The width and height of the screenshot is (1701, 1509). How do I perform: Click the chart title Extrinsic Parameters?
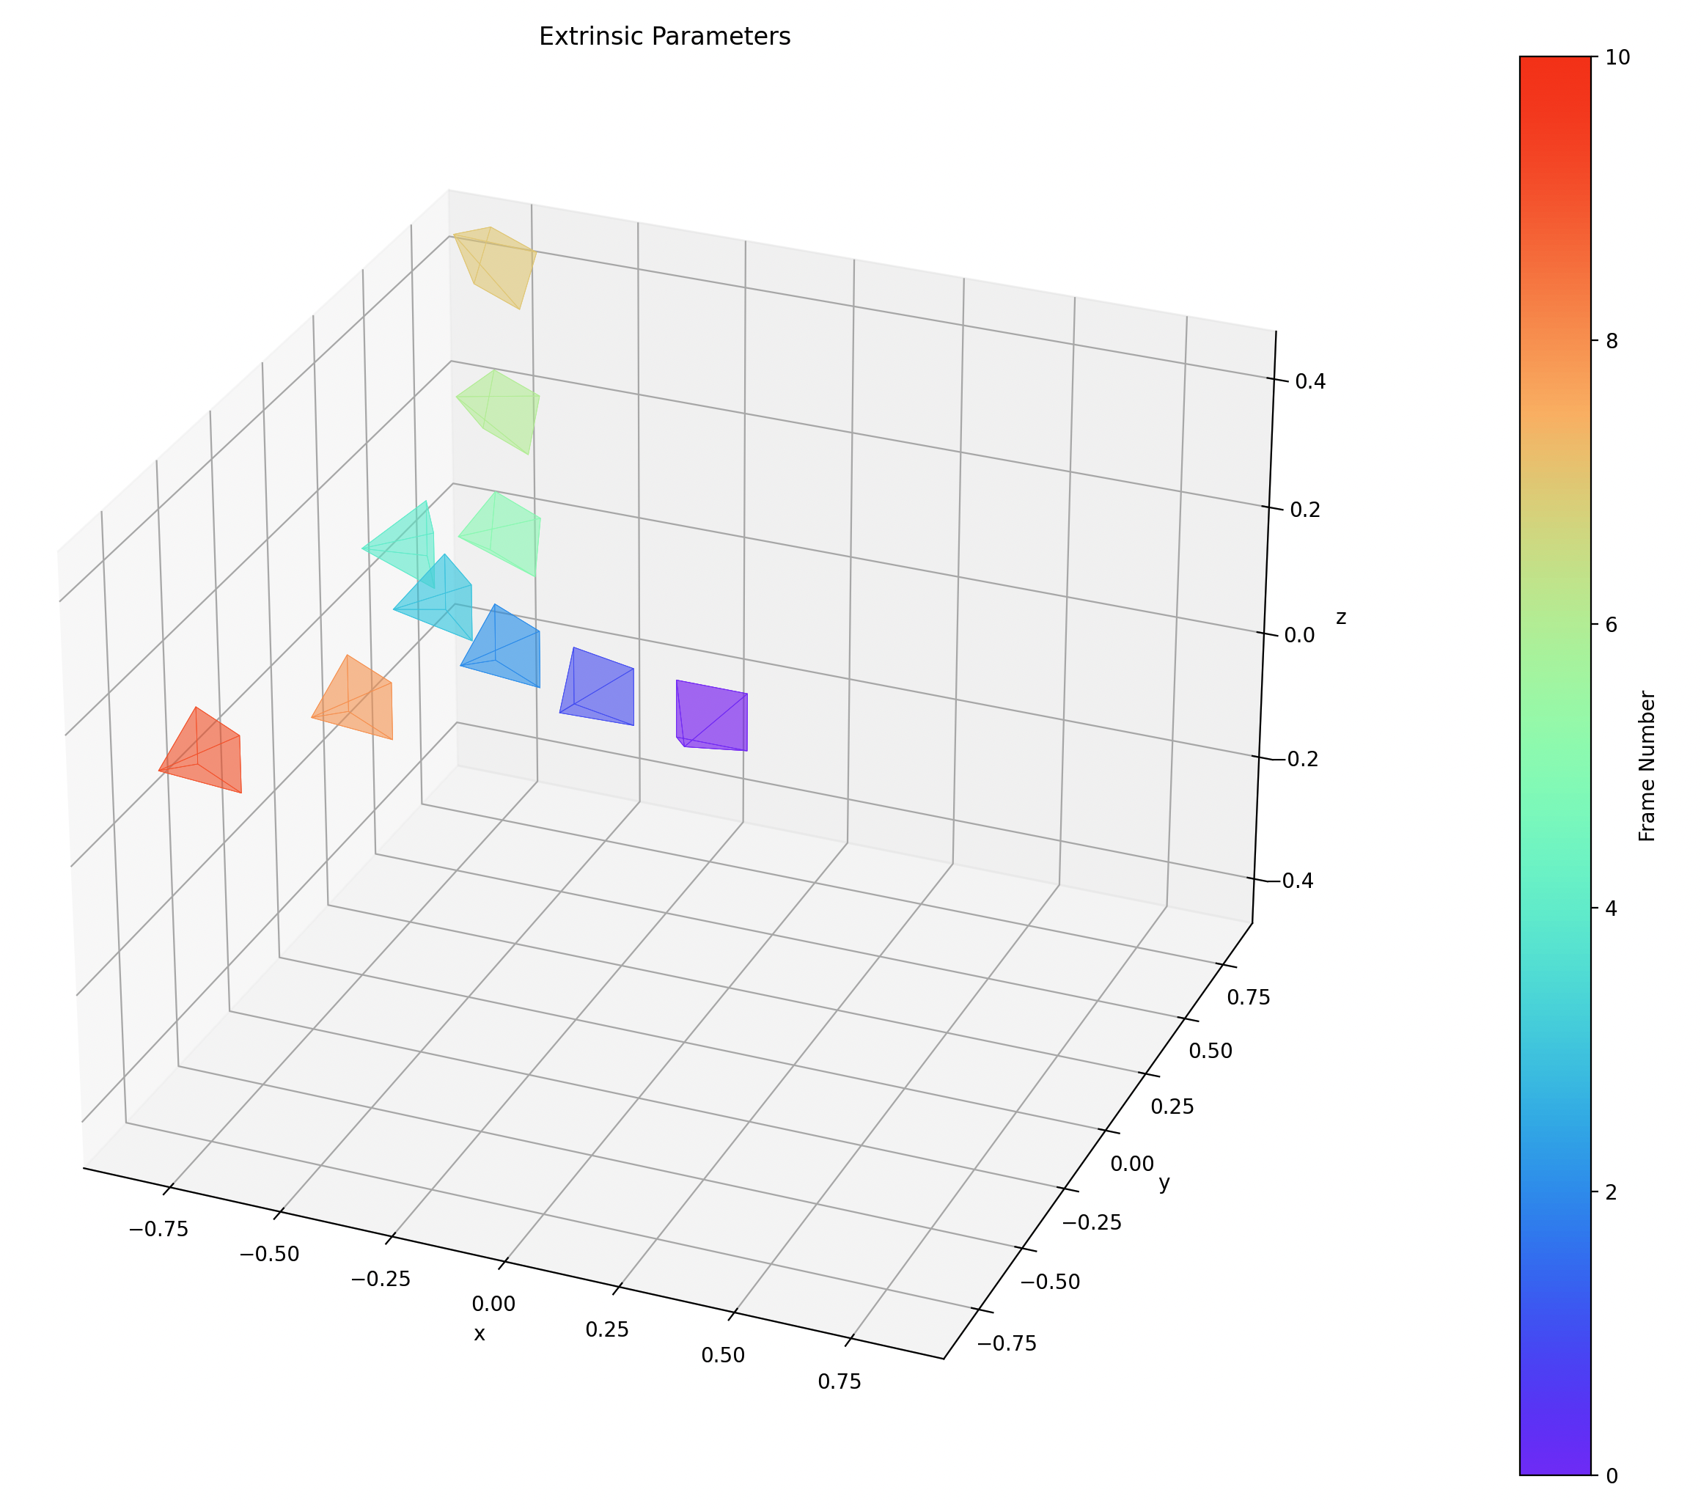click(x=664, y=37)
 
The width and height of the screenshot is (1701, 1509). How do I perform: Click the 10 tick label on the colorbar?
click(x=1619, y=57)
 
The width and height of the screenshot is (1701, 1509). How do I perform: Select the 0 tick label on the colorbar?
click(x=1613, y=1476)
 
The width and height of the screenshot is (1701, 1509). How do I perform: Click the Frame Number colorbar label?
click(x=1646, y=765)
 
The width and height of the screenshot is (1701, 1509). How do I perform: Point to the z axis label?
click(x=1341, y=617)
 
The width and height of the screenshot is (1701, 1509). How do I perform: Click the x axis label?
click(x=480, y=1333)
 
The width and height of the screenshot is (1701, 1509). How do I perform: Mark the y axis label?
click(x=1164, y=1183)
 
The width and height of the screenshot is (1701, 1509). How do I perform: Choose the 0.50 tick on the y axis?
click(x=1210, y=1051)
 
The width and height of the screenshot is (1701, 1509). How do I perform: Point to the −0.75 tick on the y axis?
click(x=1006, y=1343)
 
